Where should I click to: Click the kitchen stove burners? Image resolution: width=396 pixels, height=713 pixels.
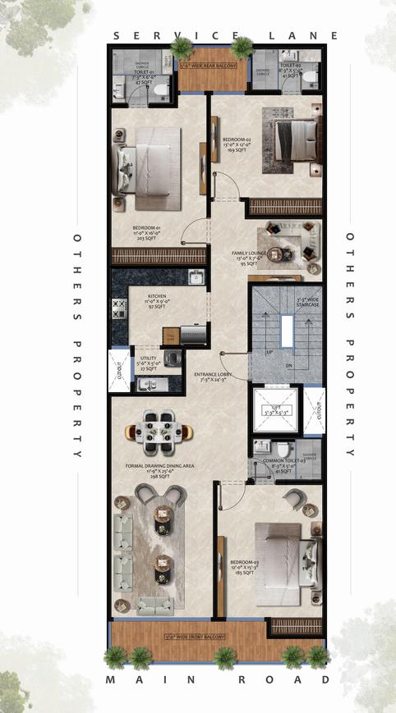(117, 309)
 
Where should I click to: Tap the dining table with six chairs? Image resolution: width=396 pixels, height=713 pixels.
(160, 432)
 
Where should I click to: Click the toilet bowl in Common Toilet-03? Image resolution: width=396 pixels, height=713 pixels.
(282, 450)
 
